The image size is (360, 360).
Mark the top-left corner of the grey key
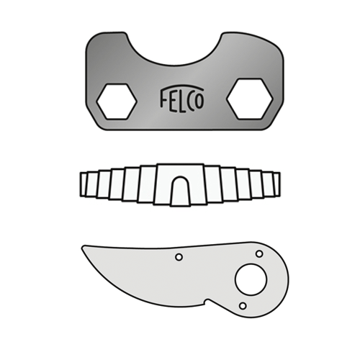coord(90,37)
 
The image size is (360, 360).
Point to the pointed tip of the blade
coord(84,247)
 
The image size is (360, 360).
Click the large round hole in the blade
coord(250,279)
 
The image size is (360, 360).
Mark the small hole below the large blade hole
coord(243,305)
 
